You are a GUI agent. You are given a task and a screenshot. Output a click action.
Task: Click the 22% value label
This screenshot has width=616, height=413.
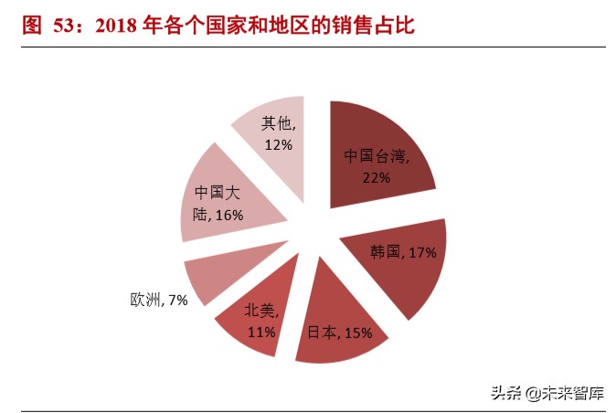pos(376,177)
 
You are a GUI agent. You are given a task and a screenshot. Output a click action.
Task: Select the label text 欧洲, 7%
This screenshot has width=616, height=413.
pos(158,300)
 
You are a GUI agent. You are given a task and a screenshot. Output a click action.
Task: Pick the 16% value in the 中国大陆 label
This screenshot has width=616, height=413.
pos(229,215)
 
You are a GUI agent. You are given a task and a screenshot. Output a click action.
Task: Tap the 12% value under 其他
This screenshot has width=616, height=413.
pos(278,144)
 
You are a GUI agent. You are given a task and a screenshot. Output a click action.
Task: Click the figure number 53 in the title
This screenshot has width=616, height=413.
pos(69,25)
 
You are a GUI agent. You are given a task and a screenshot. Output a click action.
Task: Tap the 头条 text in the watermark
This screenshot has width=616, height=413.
pos(504,394)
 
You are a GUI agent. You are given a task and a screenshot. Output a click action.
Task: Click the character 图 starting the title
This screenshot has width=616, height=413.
pos(31,25)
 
